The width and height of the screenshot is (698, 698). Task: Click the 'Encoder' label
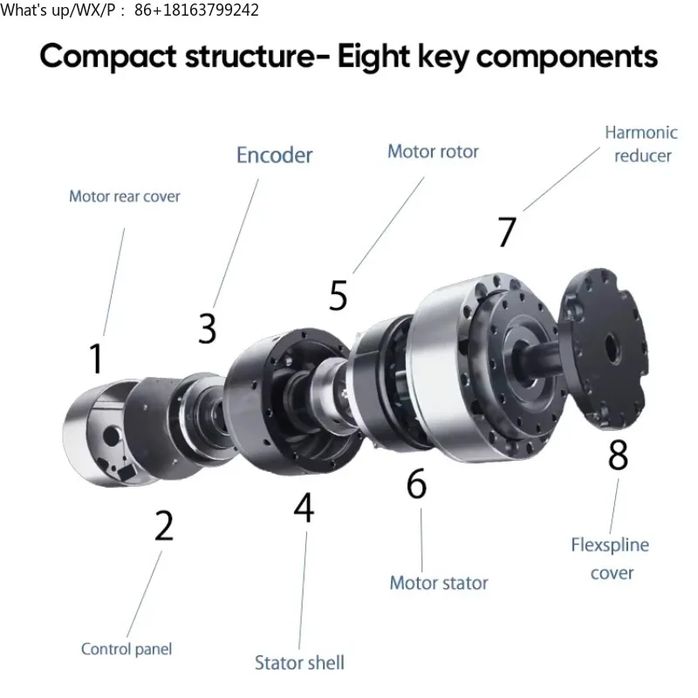[x=274, y=155]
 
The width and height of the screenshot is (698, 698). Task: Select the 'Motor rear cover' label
[x=125, y=196]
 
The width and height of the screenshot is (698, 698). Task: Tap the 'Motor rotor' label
[x=433, y=152]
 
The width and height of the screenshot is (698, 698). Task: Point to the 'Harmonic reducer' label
[x=641, y=144]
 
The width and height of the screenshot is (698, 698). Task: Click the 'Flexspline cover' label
[x=611, y=558]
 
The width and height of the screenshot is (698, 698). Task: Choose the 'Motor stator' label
[x=439, y=583]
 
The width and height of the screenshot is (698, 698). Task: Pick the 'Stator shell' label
[x=299, y=663]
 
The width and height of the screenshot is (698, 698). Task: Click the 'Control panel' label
[x=127, y=649]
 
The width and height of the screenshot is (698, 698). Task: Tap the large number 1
[x=97, y=359]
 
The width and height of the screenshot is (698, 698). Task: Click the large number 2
[x=163, y=525]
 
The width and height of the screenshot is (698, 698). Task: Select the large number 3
[x=207, y=328]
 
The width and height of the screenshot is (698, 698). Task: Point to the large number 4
[x=303, y=508]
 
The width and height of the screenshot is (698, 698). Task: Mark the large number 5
[x=339, y=296]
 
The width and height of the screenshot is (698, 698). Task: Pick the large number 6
[x=417, y=484]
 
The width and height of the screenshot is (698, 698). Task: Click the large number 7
[x=507, y=232]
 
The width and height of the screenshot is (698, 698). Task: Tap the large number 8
[x=618, y=455]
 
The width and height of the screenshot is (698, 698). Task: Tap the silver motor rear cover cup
[x=98, y=429]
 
